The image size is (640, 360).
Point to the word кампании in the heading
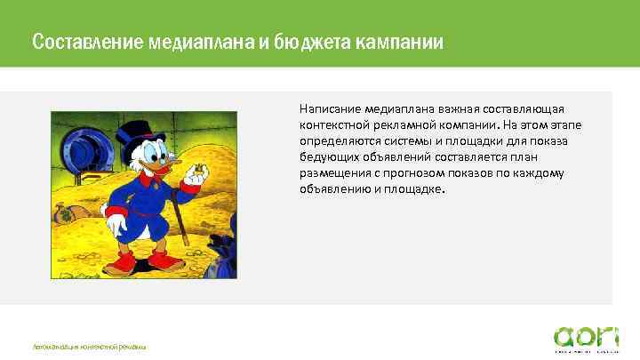(397, 42)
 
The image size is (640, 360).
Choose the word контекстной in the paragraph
(331, 124)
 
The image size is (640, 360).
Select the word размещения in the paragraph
(330, 173)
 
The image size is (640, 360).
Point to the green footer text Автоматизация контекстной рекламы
(89, 345)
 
